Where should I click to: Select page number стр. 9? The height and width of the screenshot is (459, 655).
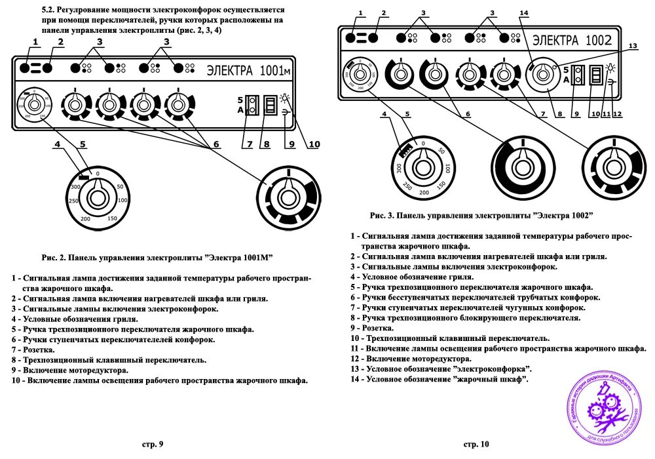152,445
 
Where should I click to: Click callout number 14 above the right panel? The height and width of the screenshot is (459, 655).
523,12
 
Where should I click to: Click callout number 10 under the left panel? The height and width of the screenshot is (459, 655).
314,144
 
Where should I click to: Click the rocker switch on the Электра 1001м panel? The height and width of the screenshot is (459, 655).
269,105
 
